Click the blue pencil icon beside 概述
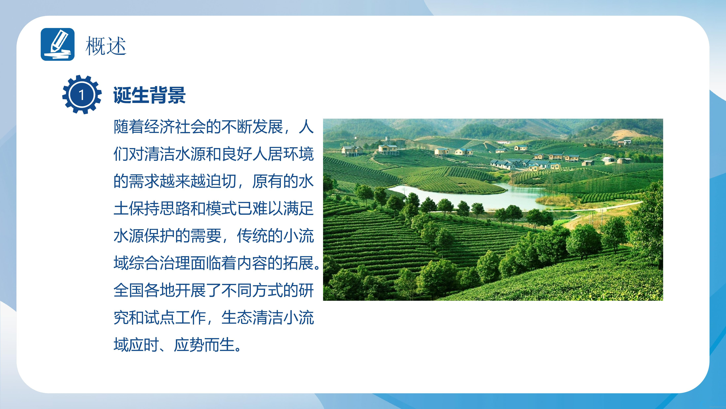(x=57, y=44)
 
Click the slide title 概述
(x=106, y=46)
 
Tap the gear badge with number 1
(x=82, y=95)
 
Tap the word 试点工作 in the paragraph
(x=175, y=318)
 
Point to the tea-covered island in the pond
(x=454, y=183)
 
